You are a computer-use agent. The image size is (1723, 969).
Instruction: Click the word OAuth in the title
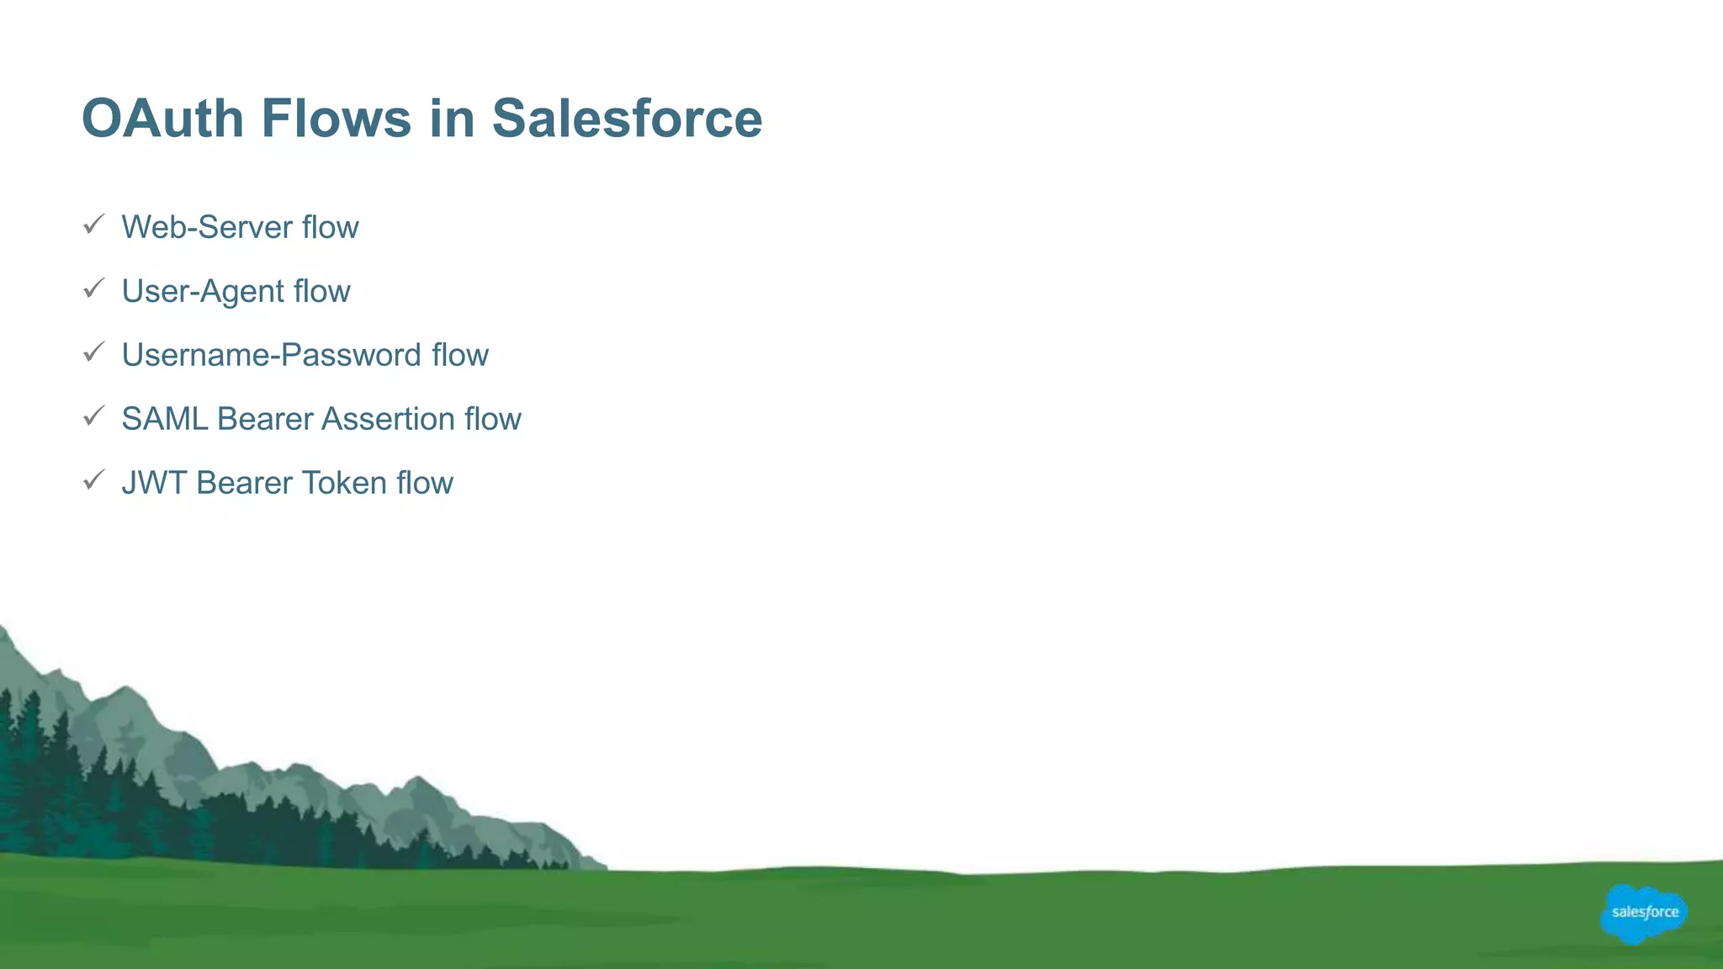(162, 118)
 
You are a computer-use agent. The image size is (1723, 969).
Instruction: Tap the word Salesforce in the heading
(627, 118)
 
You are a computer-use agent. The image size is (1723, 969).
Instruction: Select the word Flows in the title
(337, 118)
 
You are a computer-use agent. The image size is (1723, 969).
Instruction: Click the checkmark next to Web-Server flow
(93, 225)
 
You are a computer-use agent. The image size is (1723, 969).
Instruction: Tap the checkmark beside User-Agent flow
(93, 289)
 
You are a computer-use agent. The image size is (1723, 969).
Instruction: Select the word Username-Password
(271, 355)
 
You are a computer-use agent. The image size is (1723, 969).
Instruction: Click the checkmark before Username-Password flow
(93, 352)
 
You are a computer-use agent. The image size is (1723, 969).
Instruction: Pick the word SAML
(164, 419)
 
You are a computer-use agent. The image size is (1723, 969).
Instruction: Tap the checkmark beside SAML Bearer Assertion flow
(93, 416)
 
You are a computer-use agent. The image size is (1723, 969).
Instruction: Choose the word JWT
(154, 483)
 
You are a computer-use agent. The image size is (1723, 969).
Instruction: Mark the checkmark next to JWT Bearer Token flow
(93, 480)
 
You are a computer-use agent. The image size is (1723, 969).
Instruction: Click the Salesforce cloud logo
(1643, 913)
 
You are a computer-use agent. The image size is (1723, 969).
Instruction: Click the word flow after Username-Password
(459, 355)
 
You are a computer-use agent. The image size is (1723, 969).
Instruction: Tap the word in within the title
(452, 118)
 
